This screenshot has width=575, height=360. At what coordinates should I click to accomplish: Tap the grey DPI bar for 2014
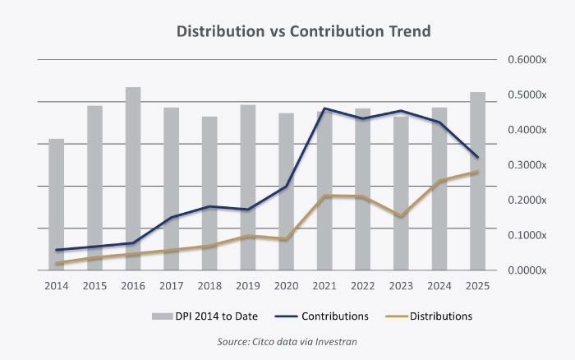point(56,205)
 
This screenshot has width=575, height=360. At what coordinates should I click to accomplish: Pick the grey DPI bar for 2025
point(477,181)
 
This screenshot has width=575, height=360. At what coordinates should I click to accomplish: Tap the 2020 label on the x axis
point(286,285)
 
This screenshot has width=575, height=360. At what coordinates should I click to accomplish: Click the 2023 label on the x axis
point(401,285)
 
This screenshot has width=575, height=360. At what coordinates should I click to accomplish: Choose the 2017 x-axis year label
point(171,285)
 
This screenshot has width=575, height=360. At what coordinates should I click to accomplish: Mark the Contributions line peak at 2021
point(324,108)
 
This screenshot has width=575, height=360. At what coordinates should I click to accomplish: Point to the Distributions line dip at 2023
point(401,216)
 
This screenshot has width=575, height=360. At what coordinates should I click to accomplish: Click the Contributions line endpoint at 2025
point(477,157)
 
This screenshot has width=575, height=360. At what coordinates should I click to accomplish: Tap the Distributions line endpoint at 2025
point(477,172)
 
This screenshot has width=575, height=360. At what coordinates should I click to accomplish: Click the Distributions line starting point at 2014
point(56,263)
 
